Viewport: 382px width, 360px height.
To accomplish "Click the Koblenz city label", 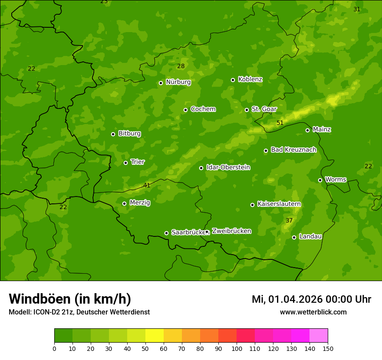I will [x=250, y=79].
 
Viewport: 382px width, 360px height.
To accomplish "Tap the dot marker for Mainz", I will [x=307, y=130].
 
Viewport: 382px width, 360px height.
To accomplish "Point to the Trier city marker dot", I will [x=125, y=163].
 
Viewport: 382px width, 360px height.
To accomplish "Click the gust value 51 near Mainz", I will [x=280, y=123].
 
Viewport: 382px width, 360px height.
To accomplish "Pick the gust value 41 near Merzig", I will [x=147, y=185].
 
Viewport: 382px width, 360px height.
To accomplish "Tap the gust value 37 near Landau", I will [x=289, y=220].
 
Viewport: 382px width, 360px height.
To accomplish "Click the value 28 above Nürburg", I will [x=181, y=66].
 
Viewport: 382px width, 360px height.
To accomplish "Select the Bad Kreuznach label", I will [x=293, y=150].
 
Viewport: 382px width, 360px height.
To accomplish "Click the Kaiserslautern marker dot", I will [x=252, y=205].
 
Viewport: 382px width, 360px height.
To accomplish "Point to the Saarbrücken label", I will [x=188, y=232].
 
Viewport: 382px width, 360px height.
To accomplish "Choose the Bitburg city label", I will [x=129, y=134].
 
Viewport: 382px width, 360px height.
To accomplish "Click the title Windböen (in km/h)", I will [x=70, y=299].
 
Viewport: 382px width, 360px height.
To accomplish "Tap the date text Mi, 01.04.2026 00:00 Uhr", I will [x=311, y=299].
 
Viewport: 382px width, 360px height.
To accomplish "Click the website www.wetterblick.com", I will [x=313, y=312].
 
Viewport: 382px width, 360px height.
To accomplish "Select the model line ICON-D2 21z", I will [x=79, y=312].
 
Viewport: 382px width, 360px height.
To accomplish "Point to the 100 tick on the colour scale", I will [x=237, y=348].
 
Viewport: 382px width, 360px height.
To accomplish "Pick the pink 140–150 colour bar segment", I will [x=319, y=335].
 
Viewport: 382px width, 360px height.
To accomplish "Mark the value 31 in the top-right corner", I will [x=357, y=9].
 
